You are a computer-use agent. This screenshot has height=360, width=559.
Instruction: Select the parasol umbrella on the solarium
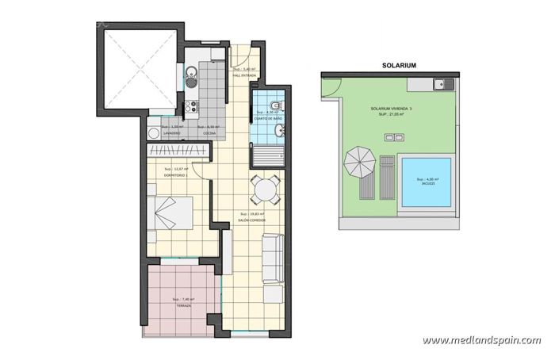(359, 164)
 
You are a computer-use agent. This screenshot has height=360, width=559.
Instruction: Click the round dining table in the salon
(262, 189)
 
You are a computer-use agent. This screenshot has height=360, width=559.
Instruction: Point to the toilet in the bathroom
(273, 108)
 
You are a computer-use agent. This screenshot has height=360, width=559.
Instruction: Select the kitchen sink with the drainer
(190, 78)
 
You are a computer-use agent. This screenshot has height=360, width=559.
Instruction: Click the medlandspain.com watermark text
(481, 340)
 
